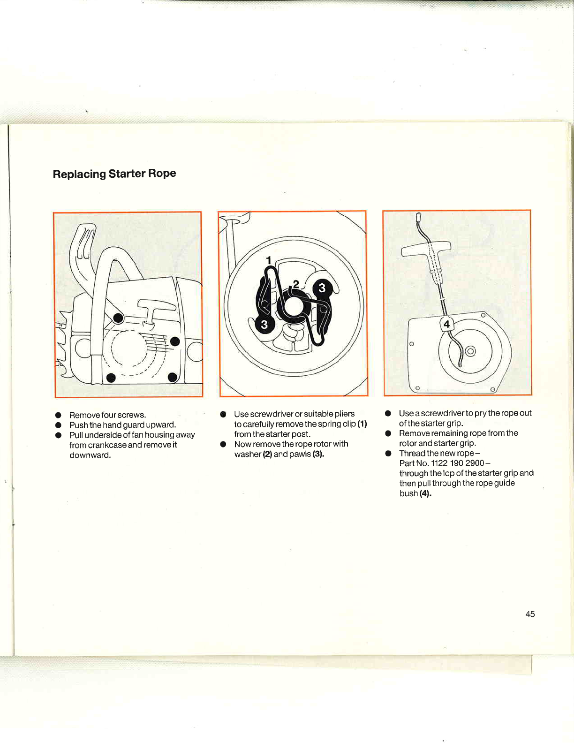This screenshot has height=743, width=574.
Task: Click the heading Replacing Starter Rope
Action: point(114,174)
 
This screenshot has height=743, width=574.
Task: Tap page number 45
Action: point(530,614)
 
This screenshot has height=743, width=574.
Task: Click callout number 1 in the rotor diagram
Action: point(269,260)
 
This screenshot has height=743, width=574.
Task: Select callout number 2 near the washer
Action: point(296,284)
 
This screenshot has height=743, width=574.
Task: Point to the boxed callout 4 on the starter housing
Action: point(446,324)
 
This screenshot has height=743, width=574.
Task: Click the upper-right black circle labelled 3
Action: point(322,288)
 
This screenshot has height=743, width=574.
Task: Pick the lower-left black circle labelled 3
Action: point(264,324)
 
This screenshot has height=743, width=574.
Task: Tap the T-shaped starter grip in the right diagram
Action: point(426,249)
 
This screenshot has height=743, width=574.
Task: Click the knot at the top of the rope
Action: point(418,217)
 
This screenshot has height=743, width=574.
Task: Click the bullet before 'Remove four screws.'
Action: point(58,415)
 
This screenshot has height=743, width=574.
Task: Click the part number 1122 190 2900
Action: point(458,463)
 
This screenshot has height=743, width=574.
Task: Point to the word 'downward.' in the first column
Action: point(90,455)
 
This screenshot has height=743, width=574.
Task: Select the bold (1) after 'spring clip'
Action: point(362,424)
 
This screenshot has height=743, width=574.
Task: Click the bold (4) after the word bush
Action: point(425,493)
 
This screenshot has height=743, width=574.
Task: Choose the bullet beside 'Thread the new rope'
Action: point(388,454)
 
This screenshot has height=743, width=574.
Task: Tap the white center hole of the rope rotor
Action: point(292,307)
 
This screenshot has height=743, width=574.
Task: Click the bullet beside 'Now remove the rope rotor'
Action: point(223,444)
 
